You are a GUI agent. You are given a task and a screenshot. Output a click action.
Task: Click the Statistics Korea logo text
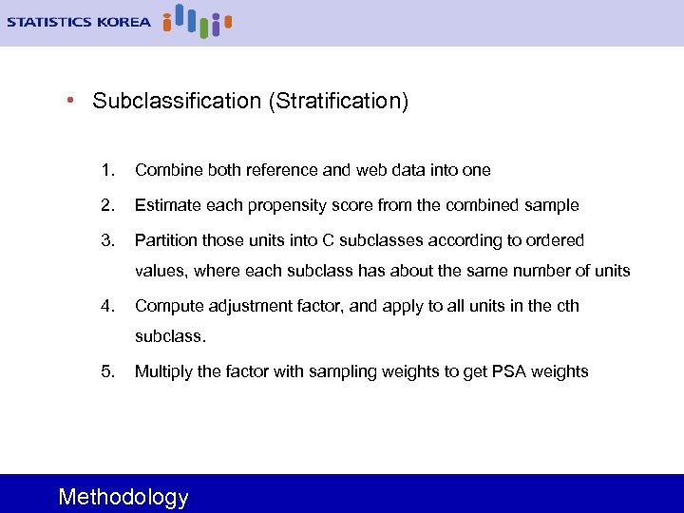tap(79, 21)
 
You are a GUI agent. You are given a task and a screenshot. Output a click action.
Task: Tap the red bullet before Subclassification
tap(71, 100)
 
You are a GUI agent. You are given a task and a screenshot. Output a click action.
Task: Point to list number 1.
tap(108, 170)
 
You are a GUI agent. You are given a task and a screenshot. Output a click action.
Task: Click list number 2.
tap(108, 205)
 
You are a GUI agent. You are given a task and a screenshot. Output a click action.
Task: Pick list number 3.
tap(108, 240)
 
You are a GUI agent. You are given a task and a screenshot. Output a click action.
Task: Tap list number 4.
tap(108, 306)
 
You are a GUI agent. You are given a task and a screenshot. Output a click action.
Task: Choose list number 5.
tap(108, 371)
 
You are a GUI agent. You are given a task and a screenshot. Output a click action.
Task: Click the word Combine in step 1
tap(167, 170)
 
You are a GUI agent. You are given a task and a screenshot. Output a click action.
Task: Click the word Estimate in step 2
tap(166, 205)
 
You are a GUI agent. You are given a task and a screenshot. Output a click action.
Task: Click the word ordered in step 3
tap(554, 240)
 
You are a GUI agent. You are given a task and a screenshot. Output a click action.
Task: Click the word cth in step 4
tap(567, 306)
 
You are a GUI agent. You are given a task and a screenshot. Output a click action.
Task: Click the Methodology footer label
tap(123, 497)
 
